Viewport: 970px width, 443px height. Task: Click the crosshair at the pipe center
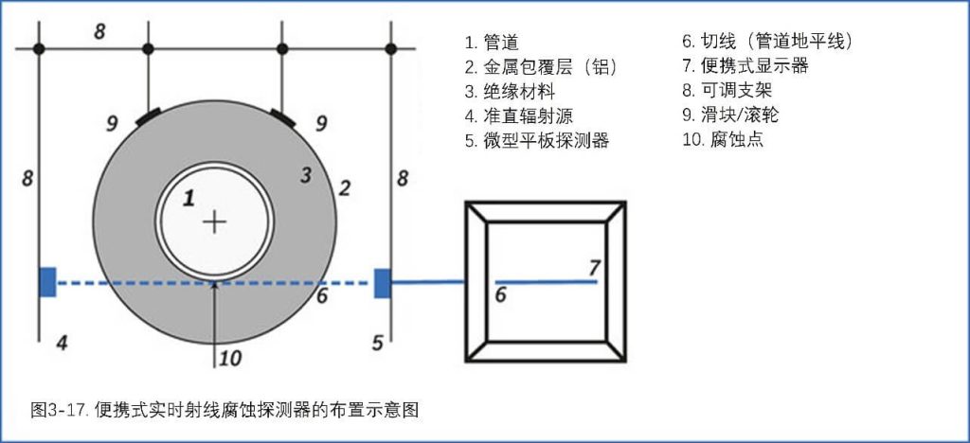click(216, 222)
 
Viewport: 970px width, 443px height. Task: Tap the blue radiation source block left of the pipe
click(47, 282)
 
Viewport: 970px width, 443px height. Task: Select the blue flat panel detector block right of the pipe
click(383, 282)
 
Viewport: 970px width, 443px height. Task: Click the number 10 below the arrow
click(230, 357)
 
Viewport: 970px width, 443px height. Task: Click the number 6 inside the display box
click(500, 295)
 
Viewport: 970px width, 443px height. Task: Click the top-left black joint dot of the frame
click(38, 47)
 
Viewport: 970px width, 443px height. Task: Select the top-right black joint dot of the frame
click(392, 47)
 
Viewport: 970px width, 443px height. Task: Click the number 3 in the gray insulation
click(305, 174)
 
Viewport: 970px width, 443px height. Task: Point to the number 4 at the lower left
click(62, 342)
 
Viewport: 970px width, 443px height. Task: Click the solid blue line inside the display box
click(546, 281)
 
